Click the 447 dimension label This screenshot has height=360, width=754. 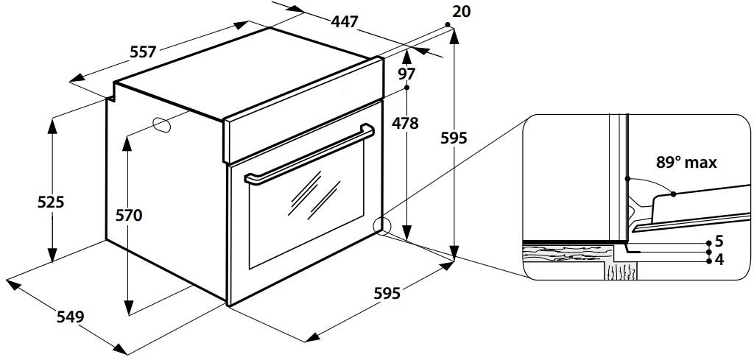[x=345, y=21]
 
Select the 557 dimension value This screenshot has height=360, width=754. [x=144, y=52]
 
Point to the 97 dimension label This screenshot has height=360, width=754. [x=406, y=74]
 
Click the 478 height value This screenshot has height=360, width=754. [x=405, y=124]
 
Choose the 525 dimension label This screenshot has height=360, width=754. [x=51, y=202]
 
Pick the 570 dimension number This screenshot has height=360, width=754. [x=129, y=216]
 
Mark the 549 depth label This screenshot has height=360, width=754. [x=70, y=317]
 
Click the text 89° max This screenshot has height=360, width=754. [x=686, y=163]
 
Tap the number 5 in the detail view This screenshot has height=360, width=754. [x=719, y=240]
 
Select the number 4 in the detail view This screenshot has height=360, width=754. [x=719, y=260]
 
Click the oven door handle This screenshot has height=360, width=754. [x=309, y=155]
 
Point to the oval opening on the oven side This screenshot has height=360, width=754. [x=161, y=124]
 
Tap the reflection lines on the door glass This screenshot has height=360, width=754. [x=314, y=194]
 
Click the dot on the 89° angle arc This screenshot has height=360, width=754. [x=673, y=194]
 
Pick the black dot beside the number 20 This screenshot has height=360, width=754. [x=447, y=24]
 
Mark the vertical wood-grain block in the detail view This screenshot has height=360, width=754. [x=621, y=271]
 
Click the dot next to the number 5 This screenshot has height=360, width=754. [x=709, y=243]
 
